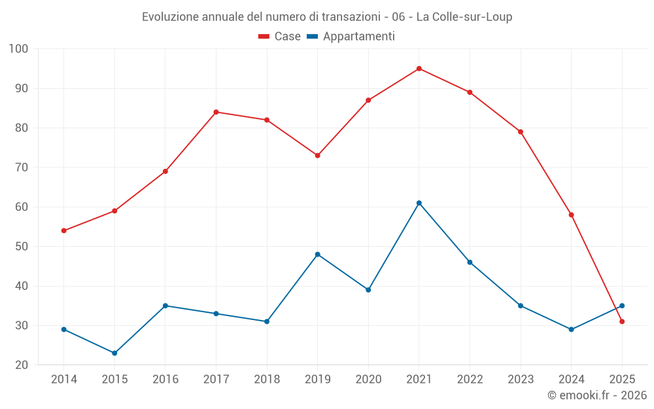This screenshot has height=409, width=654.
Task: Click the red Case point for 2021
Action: coord(419,69)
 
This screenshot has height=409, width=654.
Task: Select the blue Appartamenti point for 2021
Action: coord(419,203)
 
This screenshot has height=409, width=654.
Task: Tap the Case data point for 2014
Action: coord(64,231)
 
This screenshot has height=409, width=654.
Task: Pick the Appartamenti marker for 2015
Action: coord(114,353)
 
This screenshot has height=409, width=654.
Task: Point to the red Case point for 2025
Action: coord(622,321)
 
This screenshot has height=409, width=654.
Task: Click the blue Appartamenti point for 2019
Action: coord(318,255)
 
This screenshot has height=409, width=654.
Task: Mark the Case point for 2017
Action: coord(216,112)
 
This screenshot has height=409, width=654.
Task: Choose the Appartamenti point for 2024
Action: coord(572,329)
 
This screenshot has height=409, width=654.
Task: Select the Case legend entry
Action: coord(280,37)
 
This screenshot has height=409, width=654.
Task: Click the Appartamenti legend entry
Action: coord(351,37)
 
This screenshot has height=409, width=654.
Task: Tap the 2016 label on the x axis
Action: coord(165,380)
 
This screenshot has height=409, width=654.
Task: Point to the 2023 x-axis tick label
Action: coord(521,380)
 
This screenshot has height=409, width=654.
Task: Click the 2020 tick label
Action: coord(368,380)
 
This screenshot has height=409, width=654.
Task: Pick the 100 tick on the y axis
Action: coord(19,49)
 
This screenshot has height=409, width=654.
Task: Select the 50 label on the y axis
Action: coord(22,247)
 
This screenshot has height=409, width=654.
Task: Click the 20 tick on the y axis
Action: coord(22,365)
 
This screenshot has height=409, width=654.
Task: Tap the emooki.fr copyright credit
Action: coord(597,395)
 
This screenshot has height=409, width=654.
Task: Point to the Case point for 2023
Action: coord(521,132)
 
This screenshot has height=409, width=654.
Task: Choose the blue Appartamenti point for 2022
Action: coord(470,262)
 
